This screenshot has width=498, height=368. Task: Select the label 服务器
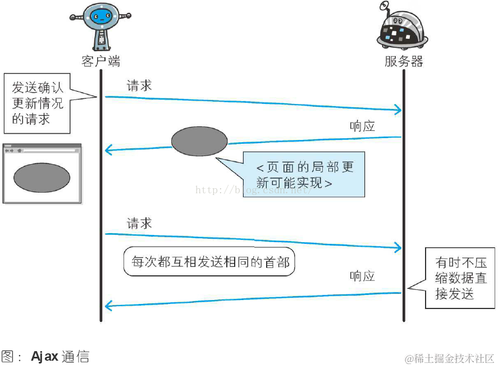point(404,61)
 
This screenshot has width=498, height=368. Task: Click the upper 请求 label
point(139,86)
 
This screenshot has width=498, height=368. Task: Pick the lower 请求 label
point(139,223)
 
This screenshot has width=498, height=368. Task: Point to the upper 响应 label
point(362,126)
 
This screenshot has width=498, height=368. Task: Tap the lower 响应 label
point(362,276)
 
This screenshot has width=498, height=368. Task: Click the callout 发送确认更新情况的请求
point(38,103)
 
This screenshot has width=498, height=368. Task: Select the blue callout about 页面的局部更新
point(303,175)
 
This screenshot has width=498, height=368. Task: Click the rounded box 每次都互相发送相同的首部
point(209,262)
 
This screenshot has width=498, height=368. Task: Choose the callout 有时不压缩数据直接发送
point(460,278)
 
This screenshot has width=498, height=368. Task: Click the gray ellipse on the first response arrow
point(199,141)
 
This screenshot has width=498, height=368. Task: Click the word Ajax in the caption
point(45,357)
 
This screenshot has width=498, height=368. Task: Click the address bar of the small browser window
point(49,151)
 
